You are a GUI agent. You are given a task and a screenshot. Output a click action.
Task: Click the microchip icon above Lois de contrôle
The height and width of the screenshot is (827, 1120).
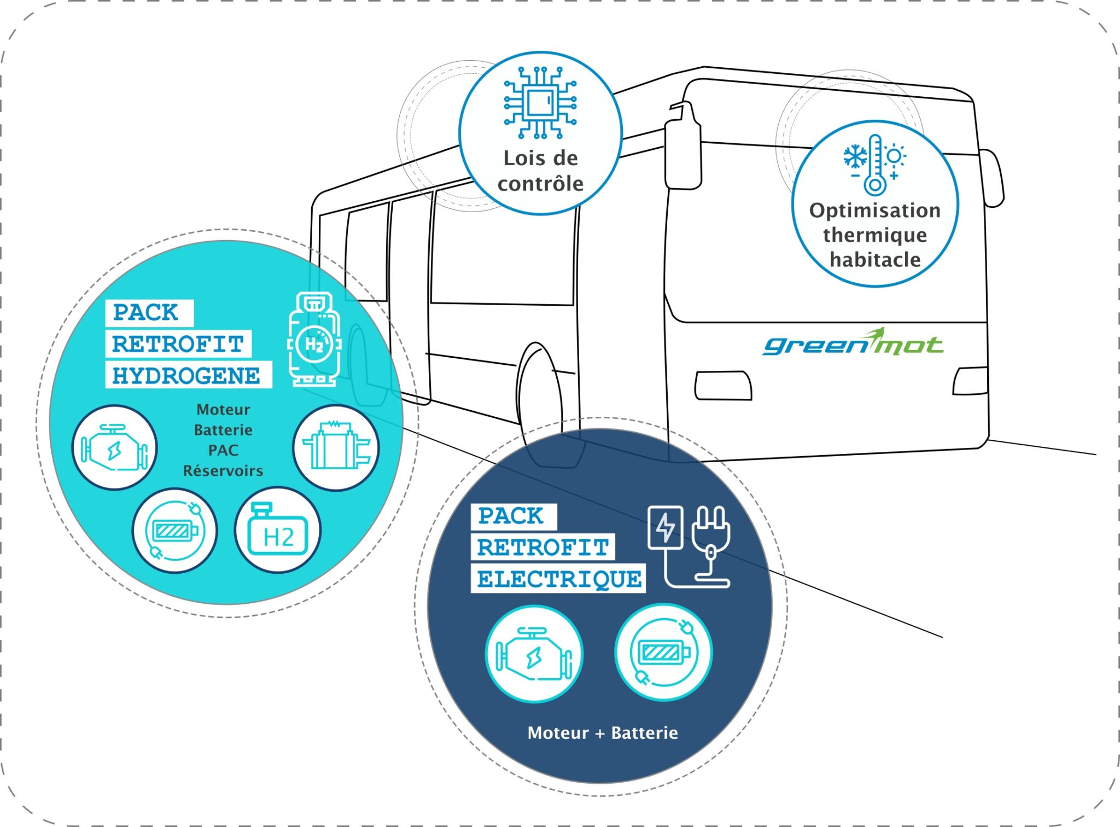(540, 102)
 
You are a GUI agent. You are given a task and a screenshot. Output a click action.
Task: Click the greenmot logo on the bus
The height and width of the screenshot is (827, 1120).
(853, 343)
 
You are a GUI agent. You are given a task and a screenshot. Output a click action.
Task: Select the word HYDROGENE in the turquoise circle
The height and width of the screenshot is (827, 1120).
(186, 376)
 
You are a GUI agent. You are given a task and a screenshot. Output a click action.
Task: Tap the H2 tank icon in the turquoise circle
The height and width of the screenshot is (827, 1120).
(278, 530)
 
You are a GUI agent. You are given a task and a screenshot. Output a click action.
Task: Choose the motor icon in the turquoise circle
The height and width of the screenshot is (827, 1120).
(115, 447)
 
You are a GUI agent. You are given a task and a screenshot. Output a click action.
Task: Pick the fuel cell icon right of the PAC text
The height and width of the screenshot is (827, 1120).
(336, 447)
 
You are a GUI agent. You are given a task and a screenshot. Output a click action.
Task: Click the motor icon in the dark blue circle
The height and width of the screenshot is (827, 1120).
(534, 654)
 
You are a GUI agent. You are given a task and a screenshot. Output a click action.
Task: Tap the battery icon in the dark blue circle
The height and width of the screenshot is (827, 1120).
(663, 652)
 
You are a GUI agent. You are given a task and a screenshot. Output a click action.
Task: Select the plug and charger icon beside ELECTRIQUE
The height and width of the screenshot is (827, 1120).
(689, 546)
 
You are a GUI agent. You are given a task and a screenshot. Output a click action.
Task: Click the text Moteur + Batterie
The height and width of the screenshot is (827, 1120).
(603, 733)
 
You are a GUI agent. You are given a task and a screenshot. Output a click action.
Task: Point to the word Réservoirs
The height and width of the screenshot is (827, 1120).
(223, 471)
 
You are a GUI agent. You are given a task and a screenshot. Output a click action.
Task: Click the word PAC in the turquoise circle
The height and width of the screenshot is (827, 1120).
(223, 450)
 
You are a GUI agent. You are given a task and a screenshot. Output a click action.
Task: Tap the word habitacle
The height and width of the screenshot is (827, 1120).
(875, 260)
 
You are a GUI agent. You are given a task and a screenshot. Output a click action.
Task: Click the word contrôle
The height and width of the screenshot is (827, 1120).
(540, 184)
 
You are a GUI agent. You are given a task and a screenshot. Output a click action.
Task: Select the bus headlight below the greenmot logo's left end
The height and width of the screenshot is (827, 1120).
(723, 386)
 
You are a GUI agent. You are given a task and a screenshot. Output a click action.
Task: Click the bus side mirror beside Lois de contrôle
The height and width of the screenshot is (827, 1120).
(682, 148)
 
